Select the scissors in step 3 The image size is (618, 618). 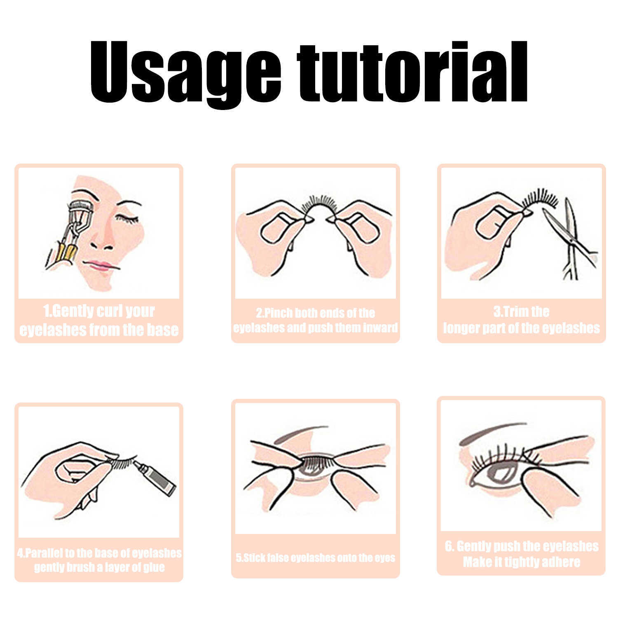(571, 239)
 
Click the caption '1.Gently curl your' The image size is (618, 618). (99, 311)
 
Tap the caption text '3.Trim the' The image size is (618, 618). (521, 311)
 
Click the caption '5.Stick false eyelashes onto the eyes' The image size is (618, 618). (315, 558)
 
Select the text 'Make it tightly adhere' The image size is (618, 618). (521, 562)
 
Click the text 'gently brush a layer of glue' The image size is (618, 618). (99, 567)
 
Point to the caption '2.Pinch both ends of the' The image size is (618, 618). (315, 313)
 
